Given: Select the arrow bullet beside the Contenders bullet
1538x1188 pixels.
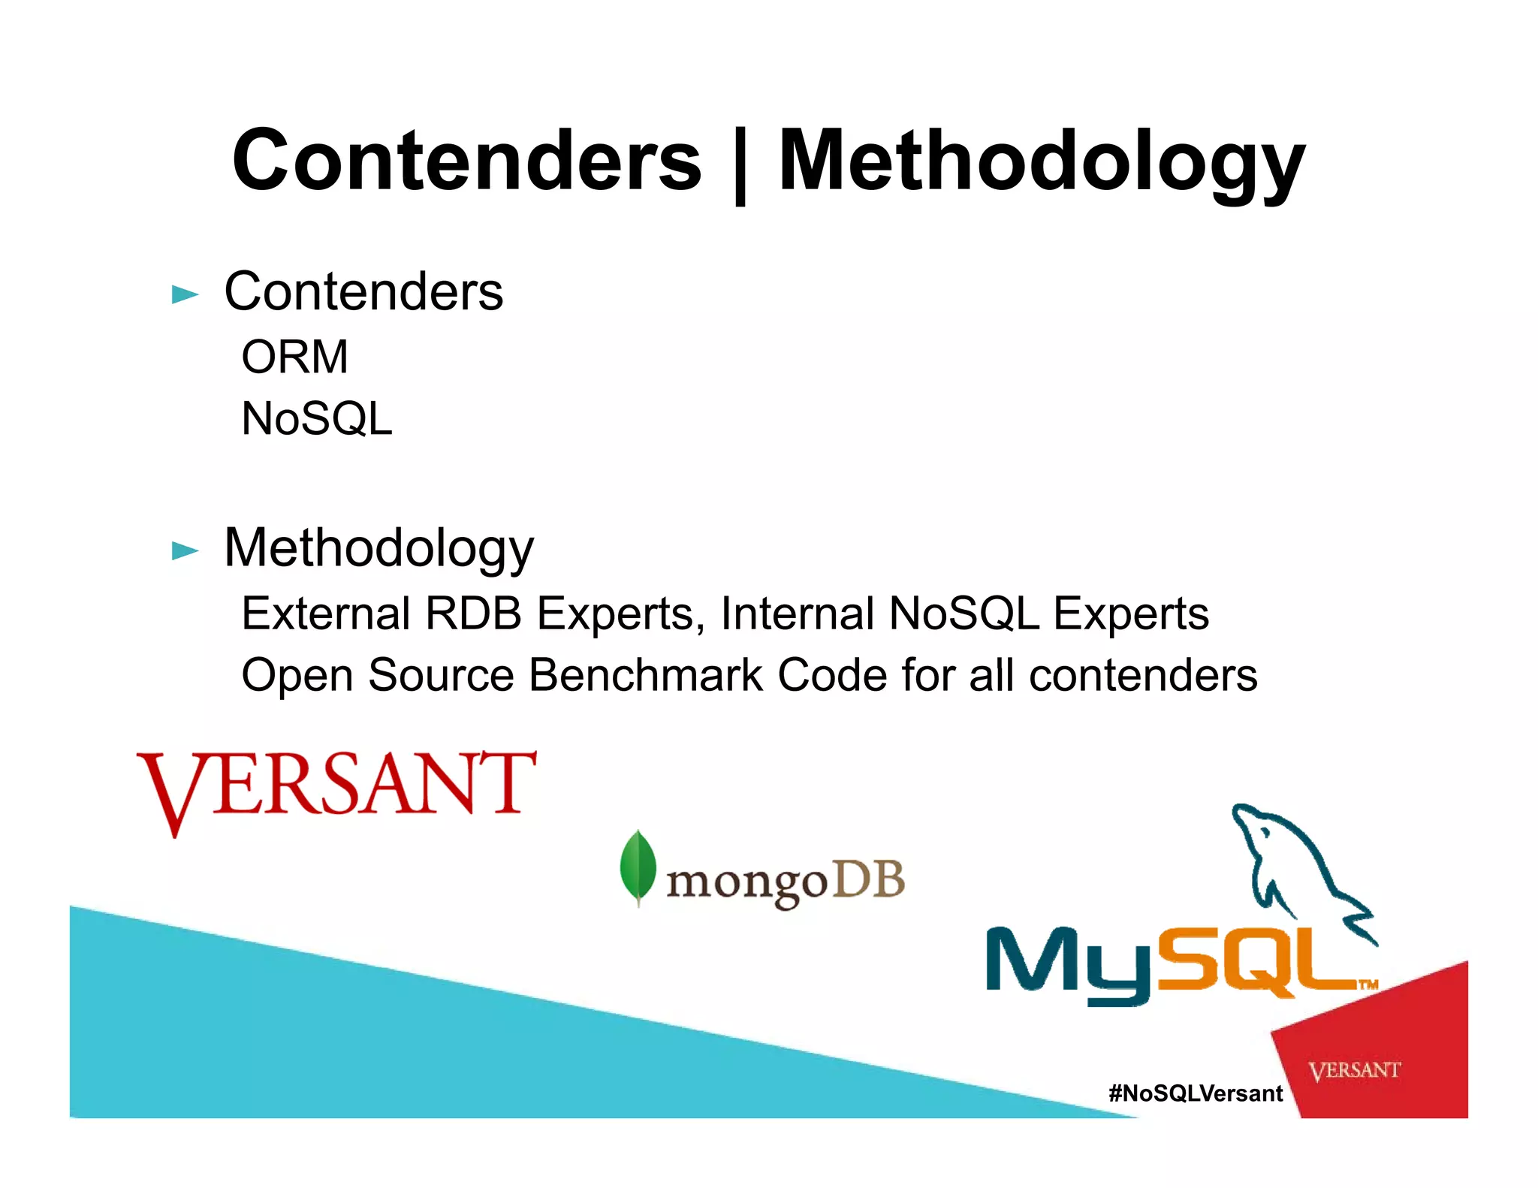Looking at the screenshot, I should (x=185, y=294).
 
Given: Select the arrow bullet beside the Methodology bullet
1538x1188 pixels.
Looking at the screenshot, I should (x=185, y=550).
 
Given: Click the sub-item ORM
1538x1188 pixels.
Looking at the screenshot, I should (x=294, y=357).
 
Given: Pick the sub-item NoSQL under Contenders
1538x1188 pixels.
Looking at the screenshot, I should (x=316, y=418).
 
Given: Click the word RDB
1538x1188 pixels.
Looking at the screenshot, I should (x=473, y=614).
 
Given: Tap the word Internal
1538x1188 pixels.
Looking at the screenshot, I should (x=797, y=614).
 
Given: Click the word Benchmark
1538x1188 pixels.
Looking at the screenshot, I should (x=646, y=675).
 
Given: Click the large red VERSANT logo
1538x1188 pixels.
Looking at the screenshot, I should (x=336, y=787).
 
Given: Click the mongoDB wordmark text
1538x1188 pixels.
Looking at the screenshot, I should (x=785, y=882).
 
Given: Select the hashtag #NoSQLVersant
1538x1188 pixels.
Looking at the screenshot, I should (x=1196, y=1093).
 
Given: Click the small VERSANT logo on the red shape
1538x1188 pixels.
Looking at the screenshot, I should (x=1354, y=1070).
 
